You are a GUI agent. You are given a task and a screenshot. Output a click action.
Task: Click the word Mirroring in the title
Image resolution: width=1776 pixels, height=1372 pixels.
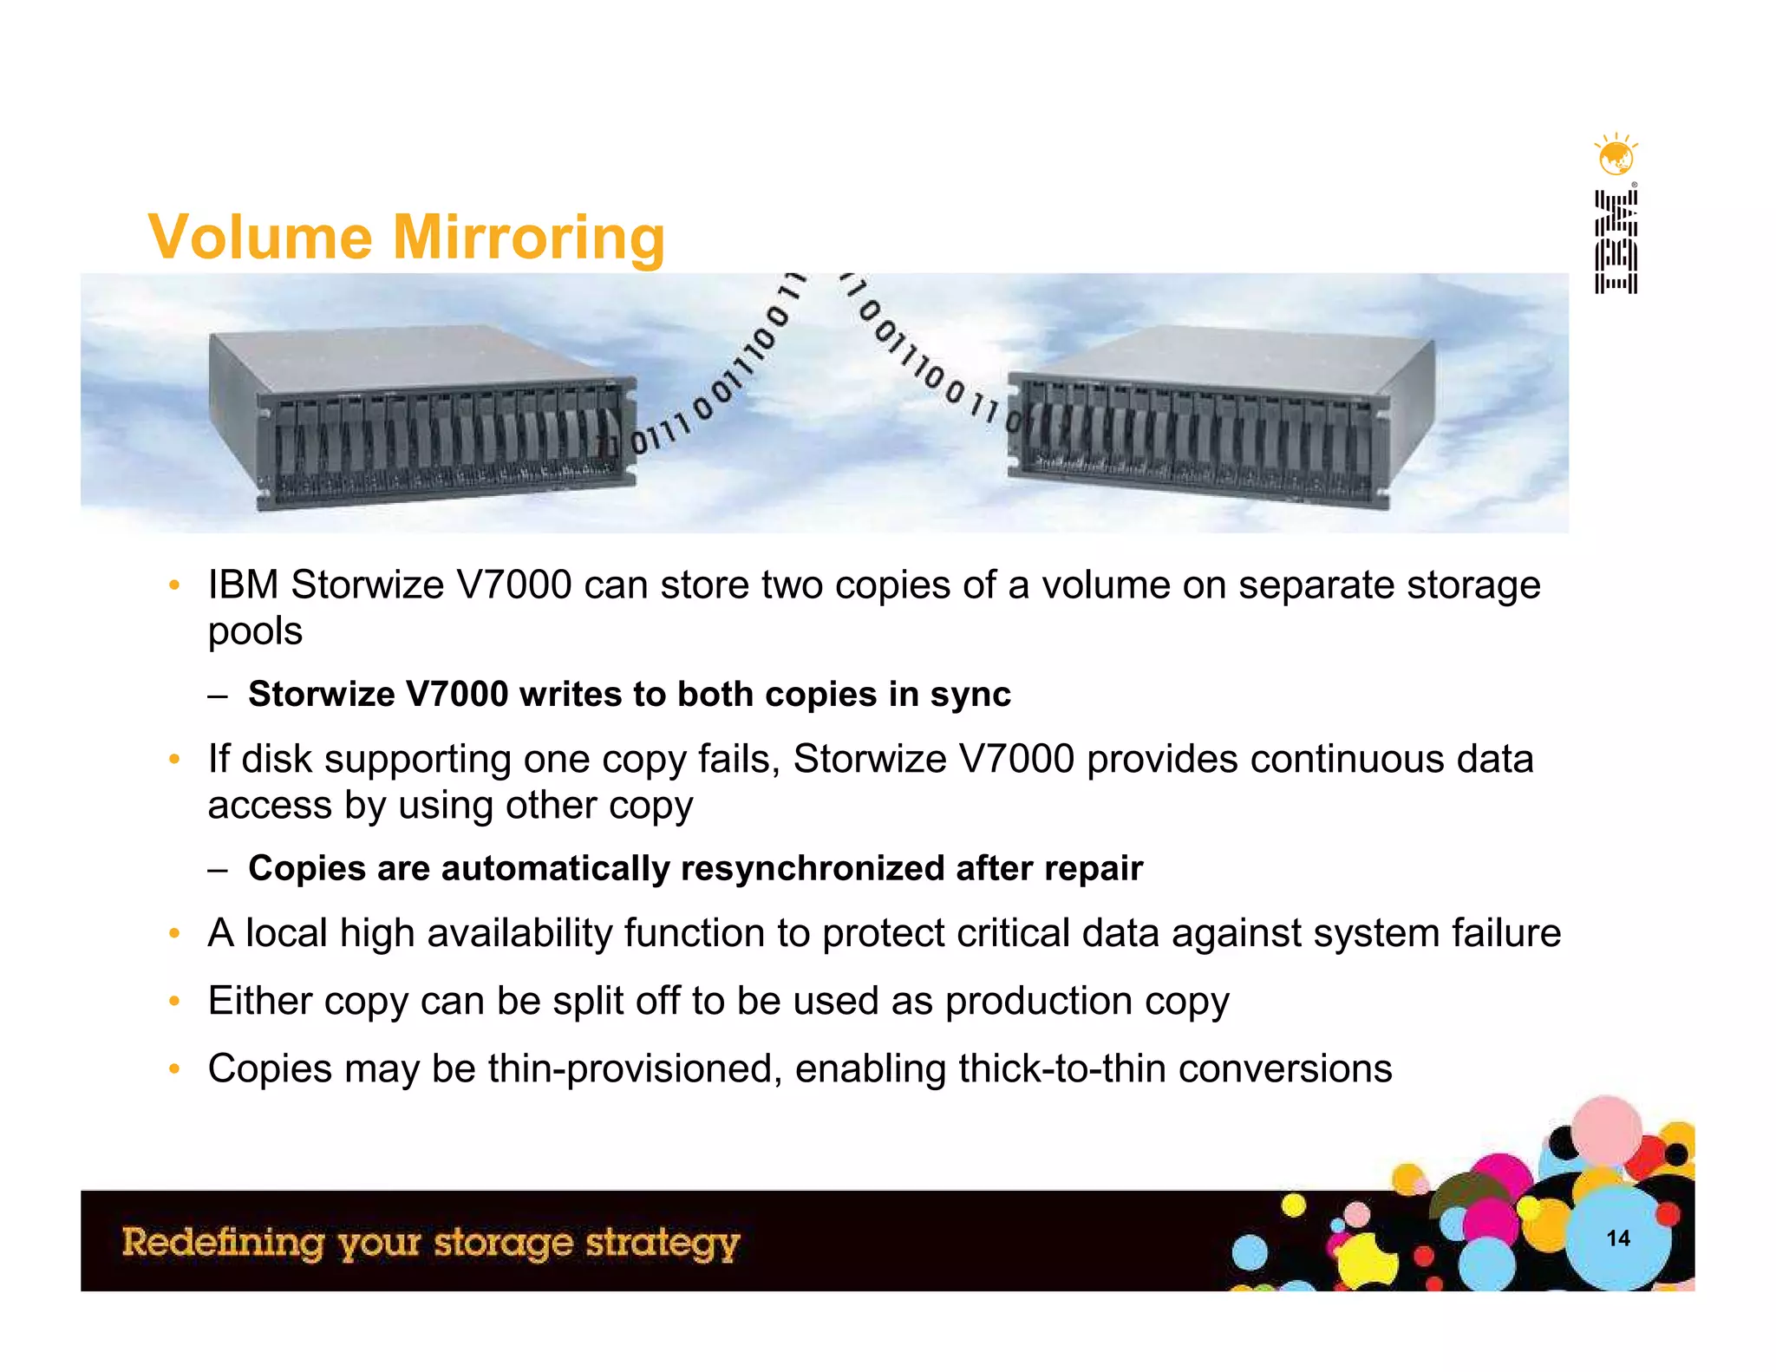tap(529, 238)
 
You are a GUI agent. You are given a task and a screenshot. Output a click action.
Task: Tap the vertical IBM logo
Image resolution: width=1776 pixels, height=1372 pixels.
tap(1616, 243)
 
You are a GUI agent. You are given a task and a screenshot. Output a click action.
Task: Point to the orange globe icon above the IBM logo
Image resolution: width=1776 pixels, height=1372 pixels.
tap(1616, 157)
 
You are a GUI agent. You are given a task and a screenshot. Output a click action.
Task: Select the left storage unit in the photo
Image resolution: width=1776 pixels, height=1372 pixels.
tap(423, 416)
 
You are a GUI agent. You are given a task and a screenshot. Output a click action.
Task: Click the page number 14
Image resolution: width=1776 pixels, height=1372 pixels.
tap(1618, 1238)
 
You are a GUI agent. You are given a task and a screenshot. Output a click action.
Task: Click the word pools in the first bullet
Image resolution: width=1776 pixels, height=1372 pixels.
tap(255, 631)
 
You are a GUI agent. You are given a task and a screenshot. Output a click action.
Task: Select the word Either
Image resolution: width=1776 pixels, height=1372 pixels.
tap(260, 1001)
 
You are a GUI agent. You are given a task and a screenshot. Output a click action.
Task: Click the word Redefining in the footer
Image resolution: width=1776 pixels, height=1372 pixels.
tap(223, 1242)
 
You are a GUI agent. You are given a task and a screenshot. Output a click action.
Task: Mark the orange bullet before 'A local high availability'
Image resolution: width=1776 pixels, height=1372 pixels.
tap(174, 934)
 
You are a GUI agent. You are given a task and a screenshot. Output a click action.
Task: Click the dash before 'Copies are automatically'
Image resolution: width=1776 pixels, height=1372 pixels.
tap(218, 869)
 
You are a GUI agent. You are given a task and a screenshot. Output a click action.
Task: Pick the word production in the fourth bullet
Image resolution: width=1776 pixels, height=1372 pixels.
tap(1039, 1001)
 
